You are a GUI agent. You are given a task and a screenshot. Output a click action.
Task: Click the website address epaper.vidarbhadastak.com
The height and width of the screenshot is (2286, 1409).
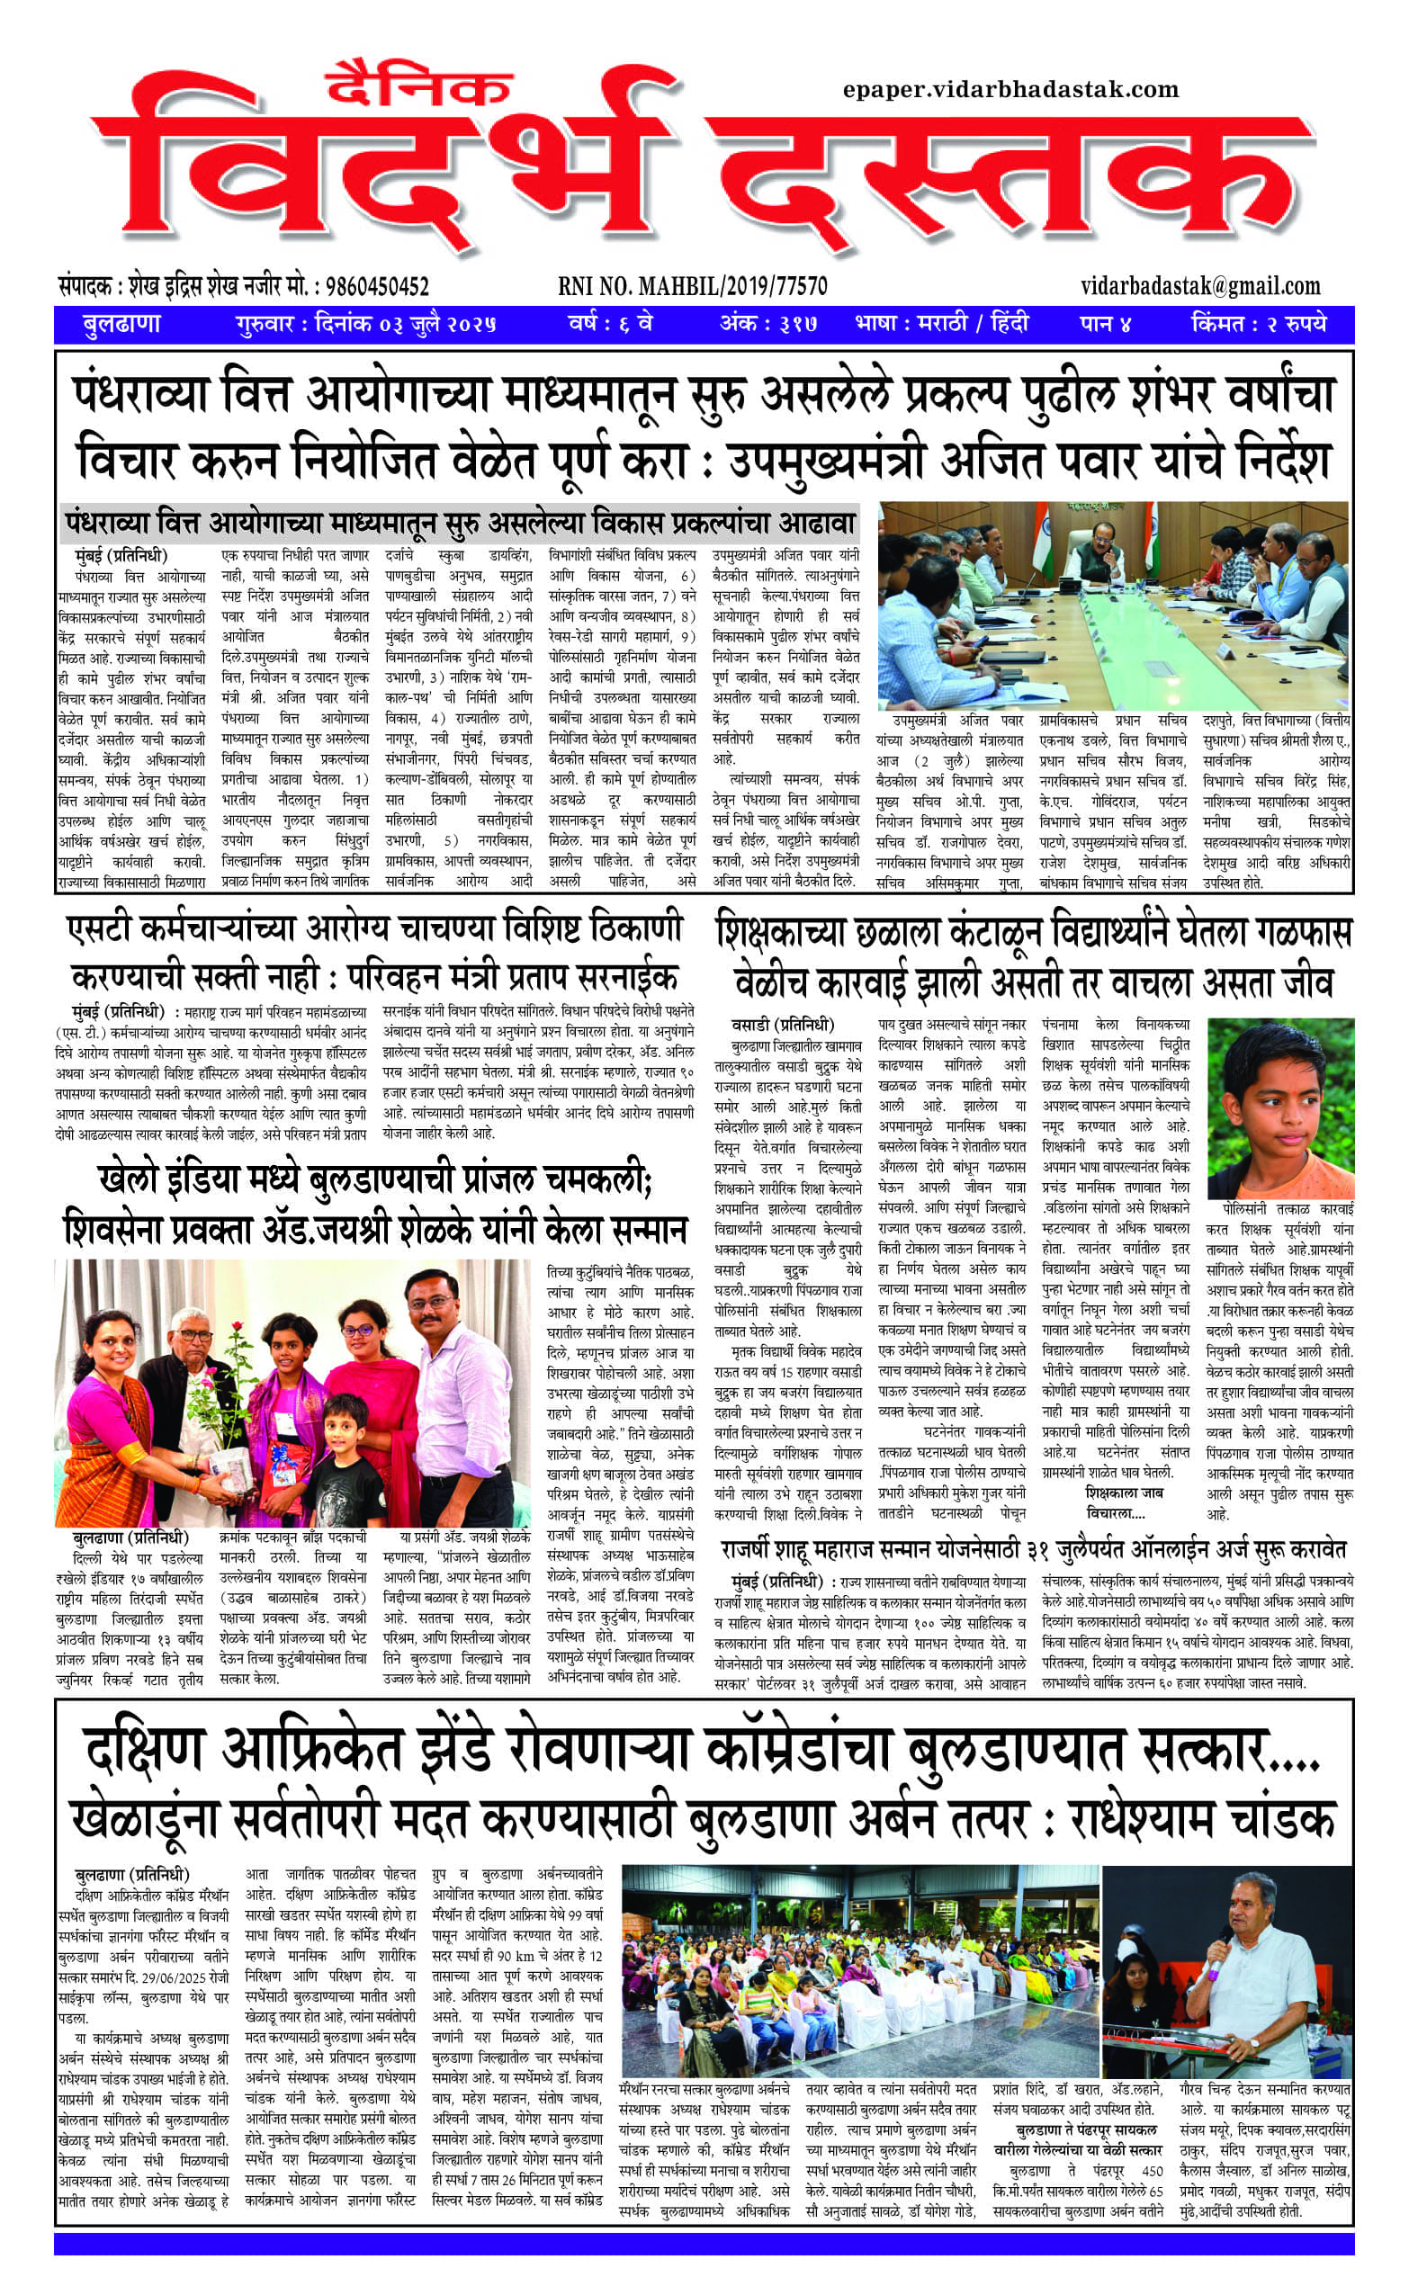1010,90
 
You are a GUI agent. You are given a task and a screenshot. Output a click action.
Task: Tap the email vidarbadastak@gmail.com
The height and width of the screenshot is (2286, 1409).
1200,286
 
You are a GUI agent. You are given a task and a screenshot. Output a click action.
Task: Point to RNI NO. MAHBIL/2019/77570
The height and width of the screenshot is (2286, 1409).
693,286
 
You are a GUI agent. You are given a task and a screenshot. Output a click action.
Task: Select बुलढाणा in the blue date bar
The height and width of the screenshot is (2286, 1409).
121,324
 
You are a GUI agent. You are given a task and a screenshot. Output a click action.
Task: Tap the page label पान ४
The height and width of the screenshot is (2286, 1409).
1105,324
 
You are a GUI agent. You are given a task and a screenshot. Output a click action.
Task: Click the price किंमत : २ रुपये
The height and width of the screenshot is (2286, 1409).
1258,324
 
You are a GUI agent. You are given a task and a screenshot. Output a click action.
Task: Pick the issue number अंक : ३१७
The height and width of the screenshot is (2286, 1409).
768,324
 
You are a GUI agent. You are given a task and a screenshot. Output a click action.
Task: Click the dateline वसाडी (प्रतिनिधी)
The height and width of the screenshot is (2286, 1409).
783,1026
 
